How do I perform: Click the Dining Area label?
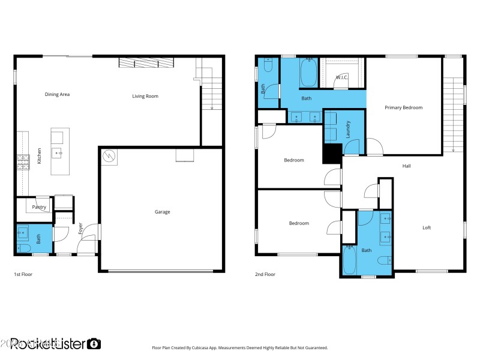coord(57,94)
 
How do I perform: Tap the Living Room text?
coord(145,96)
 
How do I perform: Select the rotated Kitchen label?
coord(40,157)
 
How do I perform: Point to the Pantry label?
coord(40,207)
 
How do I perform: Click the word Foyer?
coord(80,228)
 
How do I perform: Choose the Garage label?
coord(162,212)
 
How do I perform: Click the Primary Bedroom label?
coord(403,108)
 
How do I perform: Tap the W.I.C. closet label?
coord(342,77)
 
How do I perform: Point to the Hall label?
coord(406,166)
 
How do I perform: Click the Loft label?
coord(427,227)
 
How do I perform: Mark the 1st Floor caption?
coord(22,274)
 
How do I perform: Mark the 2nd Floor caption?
coord(265,274)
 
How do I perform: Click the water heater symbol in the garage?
coord(109,157)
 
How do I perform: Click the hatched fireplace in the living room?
coord(146,63)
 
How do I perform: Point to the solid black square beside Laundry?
coord(332,154)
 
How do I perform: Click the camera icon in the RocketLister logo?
coord(94,344)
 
